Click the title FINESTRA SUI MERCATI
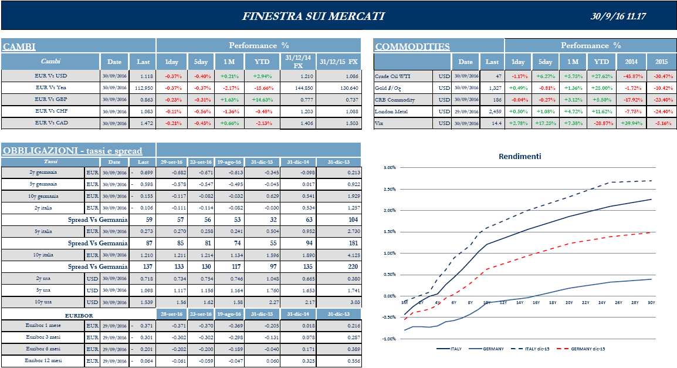pyautogui.click(x=313, y=16)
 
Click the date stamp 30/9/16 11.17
pyautogui.click(x=618, y=16)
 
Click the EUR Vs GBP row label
pyautogui.click(x=51, y=99)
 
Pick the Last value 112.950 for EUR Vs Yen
pyautogui.click(x=144, y=87)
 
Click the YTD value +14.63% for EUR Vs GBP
pyautogui.click(x=263, y=99)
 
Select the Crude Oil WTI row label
pyautogui.click(x=392, y=76)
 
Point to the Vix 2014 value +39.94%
pyautogui.click(x=631, y=123)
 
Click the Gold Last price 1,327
pyautogui.click(x=493, y=87)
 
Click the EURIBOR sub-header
pyautogui.click(x=80, y=315)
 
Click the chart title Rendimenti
pyautogui.click(x=520, y=156)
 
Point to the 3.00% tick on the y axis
pyautogui.click(x=389, y=168)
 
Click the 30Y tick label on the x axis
pyautogui.click(x=651, y=302)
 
